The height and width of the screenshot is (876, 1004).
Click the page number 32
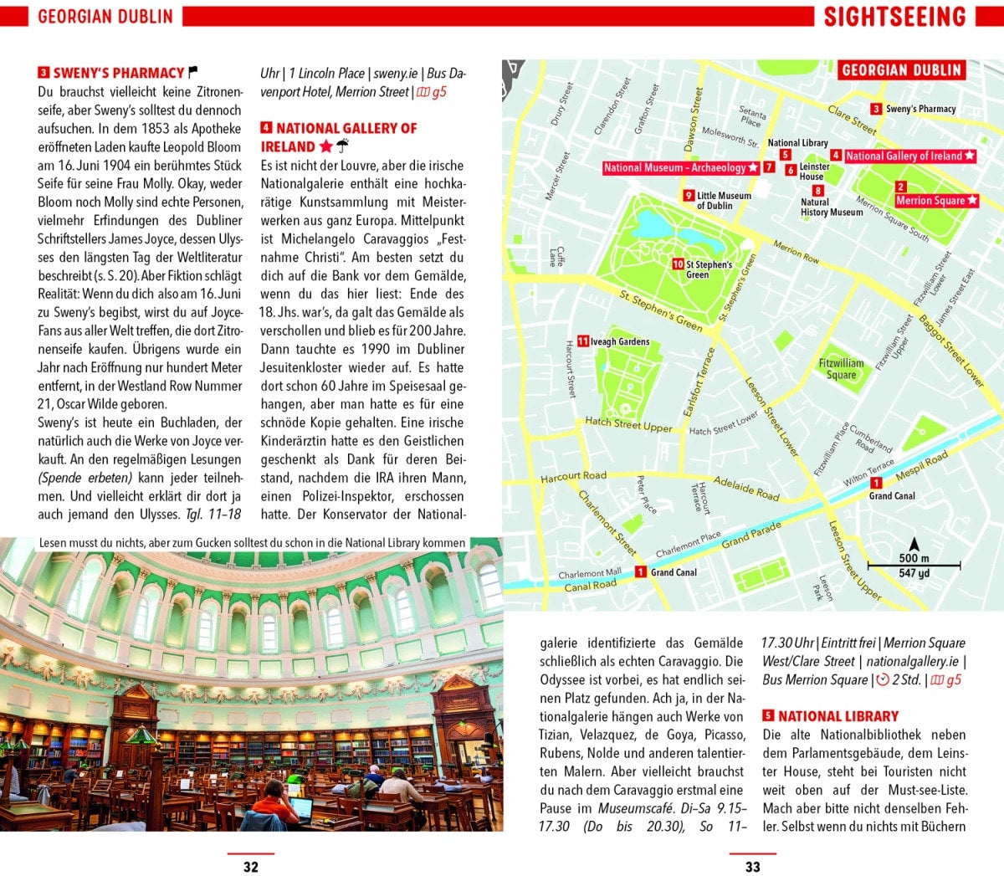pos(250,867)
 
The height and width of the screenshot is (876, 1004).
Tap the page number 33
pos(752,867)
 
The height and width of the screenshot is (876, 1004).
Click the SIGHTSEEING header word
pos(894,17)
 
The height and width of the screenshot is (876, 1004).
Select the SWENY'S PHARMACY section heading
pos(118,73)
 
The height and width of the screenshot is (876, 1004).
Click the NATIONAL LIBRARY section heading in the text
pos(838,716)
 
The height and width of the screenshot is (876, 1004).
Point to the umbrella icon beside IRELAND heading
pos(342,146)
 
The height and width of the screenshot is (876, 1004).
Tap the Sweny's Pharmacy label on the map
pos(920,109)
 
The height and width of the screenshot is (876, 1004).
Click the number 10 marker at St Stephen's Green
pos(678,264)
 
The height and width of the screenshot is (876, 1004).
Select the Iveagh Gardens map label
pos(619,341)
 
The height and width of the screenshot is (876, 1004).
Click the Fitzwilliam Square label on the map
pos(841,369)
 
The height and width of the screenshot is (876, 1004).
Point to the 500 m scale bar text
pos(914,558)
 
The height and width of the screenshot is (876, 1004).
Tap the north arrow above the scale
pos(914,544)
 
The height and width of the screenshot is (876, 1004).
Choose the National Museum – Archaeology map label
pos(680,167)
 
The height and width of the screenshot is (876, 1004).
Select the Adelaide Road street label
pos(746,489)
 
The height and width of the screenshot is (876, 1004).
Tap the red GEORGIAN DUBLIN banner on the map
pos(901,70)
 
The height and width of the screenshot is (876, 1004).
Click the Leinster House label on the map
pos(813,172)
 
